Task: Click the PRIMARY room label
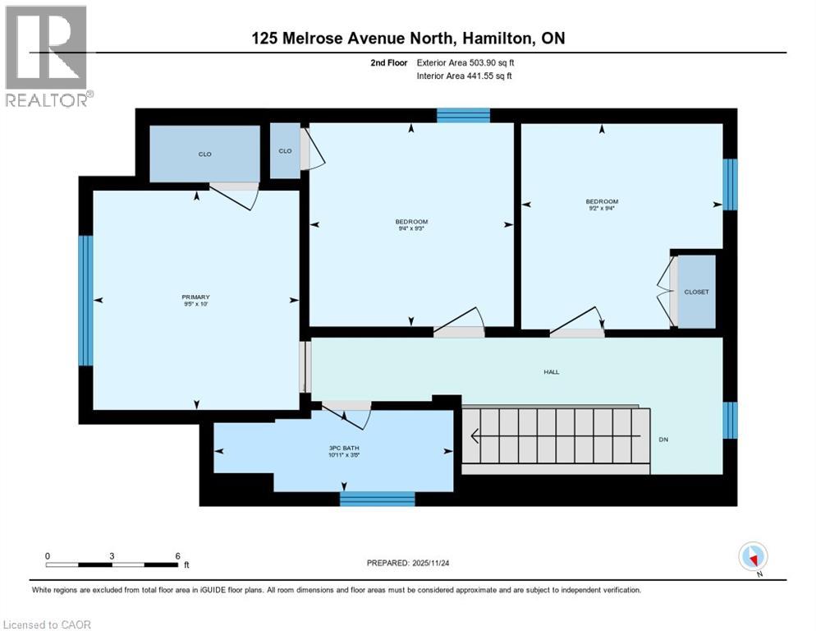pyautogui.click(x=195, y=297)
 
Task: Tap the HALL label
pyautogui.click(x=551, y=372)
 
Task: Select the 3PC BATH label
pyautogui.click(x=332, y=447)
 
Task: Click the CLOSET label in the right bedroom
pyautogui.click(x=696, y=292)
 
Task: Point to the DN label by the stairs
pyautogui.click(x=664, y=440)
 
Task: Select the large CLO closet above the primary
pyautogui.click(x=204, y=154)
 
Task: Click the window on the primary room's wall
pyautogui.click(x=85, y=300)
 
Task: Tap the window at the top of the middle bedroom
pyautogui.click(x=463, y=115)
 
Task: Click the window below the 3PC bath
pyautogui.click(x=377, y=499)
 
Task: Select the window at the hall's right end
pyautogui.click(x=730, y=420)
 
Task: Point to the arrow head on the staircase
pyautogui.click(x=474, y=437)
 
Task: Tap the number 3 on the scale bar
pyautogui.click(x=111, y=555)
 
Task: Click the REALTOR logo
pyautogui.click(x=47, y=56)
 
